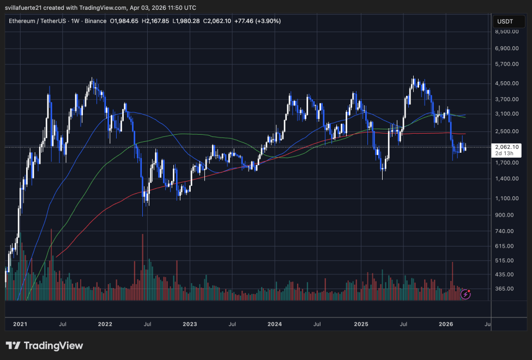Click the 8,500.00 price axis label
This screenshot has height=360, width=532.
point(507,32)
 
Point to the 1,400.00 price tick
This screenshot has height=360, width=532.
point(507,179)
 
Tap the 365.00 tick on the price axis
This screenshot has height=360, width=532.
point(507,289)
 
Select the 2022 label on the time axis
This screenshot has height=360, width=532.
point(105,324)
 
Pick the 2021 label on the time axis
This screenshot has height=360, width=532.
point(20,324)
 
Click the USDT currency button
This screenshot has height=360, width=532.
point(504,21)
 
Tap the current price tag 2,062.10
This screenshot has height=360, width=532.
point(507,147)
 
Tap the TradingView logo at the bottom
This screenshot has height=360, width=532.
point(45,346)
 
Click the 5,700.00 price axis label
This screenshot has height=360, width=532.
point(507,64)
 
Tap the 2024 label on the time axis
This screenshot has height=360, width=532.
point(275,324)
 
